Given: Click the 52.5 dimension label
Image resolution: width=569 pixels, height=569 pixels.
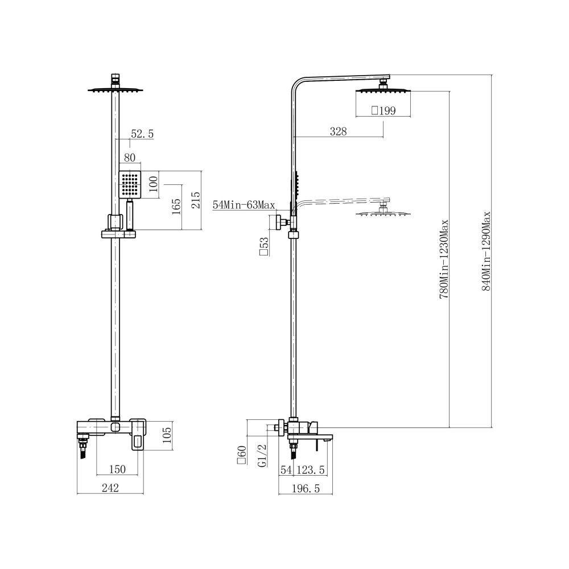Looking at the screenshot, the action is (x=142, y=134).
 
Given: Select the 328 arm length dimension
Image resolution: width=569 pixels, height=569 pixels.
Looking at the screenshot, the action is (x=338, y=131).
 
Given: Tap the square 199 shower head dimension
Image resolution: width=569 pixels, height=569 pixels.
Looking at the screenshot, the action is (x=383, y=110).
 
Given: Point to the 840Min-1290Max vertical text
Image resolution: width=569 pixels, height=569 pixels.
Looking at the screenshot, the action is (x=486, y=251).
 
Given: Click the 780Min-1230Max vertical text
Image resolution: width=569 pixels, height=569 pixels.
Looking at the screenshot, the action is (x=444, y=259).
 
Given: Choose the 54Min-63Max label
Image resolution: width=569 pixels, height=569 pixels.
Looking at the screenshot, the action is (x=244, y=205).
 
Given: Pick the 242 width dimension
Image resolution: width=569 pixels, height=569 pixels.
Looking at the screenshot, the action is (x=110, y=488).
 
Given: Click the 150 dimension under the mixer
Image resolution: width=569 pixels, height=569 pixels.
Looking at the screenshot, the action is (x=117, y=469).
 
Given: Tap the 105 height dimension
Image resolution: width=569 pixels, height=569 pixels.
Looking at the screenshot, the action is (x=167, y=435).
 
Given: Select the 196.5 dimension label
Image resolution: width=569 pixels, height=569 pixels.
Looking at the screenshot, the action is (x=306, y=488).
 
